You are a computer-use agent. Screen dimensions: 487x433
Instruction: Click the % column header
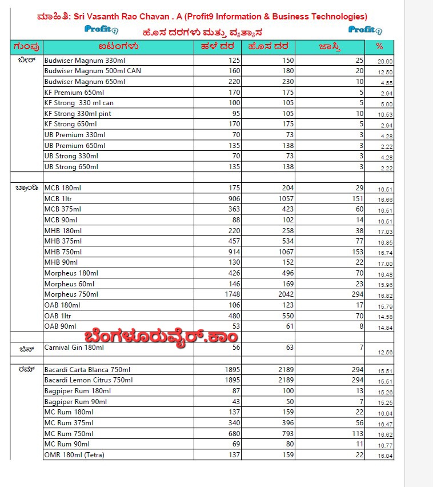(x=379, y=46)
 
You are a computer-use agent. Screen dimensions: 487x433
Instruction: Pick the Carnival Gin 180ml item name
(x=74, y=348)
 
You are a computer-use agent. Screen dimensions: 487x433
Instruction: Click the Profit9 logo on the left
(x=101, y=29)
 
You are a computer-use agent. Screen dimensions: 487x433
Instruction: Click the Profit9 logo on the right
(x=365, y=30)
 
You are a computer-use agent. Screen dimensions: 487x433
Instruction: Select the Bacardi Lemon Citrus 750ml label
(x=88, y=380)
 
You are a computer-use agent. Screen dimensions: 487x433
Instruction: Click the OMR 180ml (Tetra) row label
(x=74, y=456)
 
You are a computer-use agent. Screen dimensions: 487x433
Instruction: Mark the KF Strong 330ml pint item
(x=78, y=114)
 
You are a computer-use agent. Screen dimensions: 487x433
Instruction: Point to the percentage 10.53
(x=385, y=115)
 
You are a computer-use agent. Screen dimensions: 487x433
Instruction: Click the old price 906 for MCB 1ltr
(x=232, y=198)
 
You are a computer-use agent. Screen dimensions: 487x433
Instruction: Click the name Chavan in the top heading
(x=228, y=17)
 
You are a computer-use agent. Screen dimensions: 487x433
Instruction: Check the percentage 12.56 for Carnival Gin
(x=385, y=353)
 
